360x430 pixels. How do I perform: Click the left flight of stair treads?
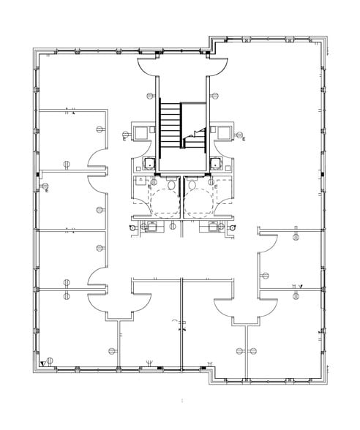tap(170, 126)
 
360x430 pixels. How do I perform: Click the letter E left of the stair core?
tap(126, 139)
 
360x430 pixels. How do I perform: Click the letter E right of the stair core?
tap(243, 139)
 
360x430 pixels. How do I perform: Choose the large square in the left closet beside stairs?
tap(143, 131)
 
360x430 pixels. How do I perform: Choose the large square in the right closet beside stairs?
tap(221, 131)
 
